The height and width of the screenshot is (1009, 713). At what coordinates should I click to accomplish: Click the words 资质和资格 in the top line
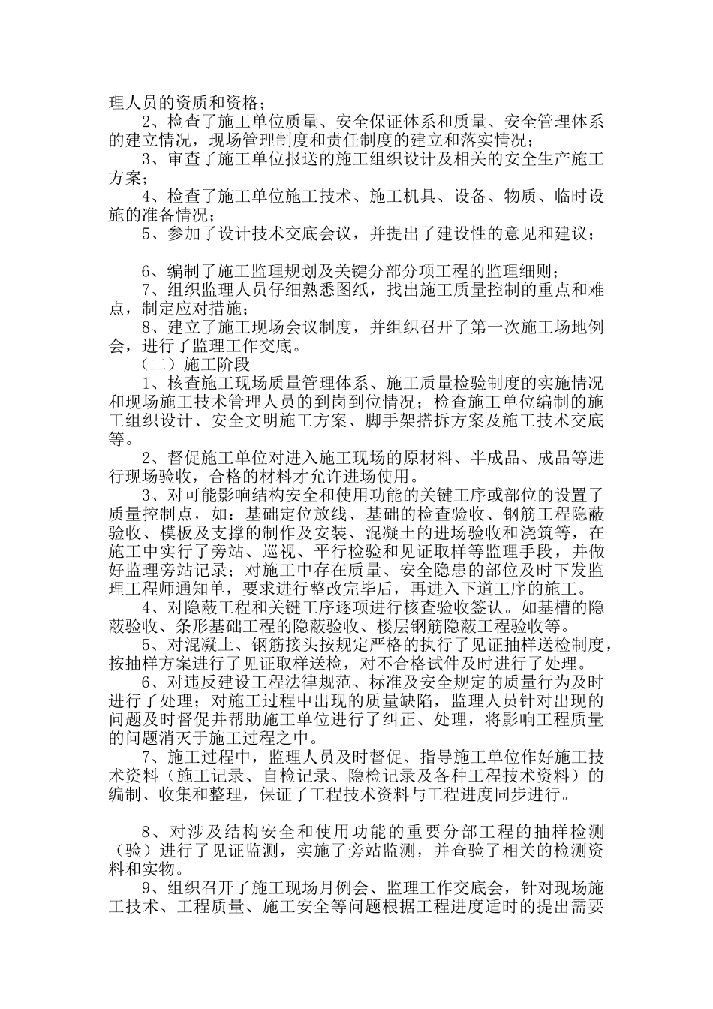tap(209, 102)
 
